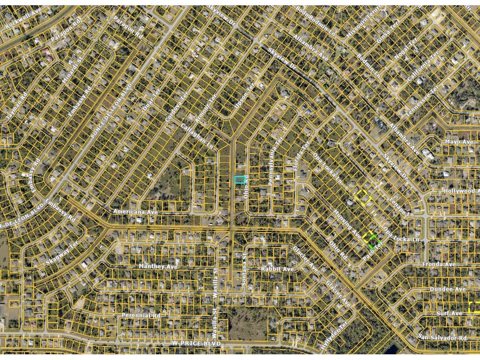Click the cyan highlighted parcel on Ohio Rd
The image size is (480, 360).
click(240, 180)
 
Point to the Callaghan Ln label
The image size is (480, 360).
click(198, 136)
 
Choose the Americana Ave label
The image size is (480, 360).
click(135, 212)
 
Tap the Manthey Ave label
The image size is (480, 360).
click(158, 266)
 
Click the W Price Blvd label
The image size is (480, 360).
click(196, 343)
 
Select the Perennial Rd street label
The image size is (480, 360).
click(141, 315)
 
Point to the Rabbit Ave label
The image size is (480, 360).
click(278, 269)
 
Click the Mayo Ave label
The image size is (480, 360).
click(459, 142)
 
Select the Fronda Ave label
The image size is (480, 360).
click(439, 264)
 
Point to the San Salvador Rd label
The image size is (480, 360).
click(442, 337)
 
